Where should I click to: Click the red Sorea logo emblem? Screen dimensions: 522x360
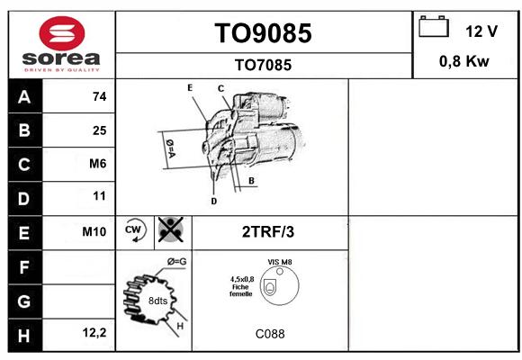coord(62,33)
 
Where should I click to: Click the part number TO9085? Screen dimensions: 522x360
coord(263,33)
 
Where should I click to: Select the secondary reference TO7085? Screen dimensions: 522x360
coord(263,65)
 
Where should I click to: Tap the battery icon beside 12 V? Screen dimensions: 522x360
coord(434,26)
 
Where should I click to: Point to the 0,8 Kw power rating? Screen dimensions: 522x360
coord(464,61)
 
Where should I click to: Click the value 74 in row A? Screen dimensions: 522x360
coord(100,96)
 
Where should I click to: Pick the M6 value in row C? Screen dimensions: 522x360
coord(98,164)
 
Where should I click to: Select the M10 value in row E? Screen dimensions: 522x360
coord(94,231)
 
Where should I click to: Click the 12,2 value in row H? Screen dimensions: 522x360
coord(94,332)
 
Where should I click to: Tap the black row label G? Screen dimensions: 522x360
coord(25,301)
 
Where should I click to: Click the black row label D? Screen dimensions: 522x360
coord(25,199)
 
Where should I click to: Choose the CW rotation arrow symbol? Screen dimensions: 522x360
coord(134,230)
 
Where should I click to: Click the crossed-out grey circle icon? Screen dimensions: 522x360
coord(171,229)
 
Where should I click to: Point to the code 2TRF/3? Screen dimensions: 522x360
coord(268,232)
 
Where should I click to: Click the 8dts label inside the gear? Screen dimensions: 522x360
coord(157,301)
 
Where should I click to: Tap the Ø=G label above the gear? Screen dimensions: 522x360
coord(177,262)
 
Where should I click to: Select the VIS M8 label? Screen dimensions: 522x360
coord(280,262)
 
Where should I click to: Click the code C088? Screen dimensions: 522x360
coord(270,334)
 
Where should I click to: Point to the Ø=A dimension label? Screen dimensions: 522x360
coord(170,148)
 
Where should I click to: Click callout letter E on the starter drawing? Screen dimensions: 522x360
coord(190,87)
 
